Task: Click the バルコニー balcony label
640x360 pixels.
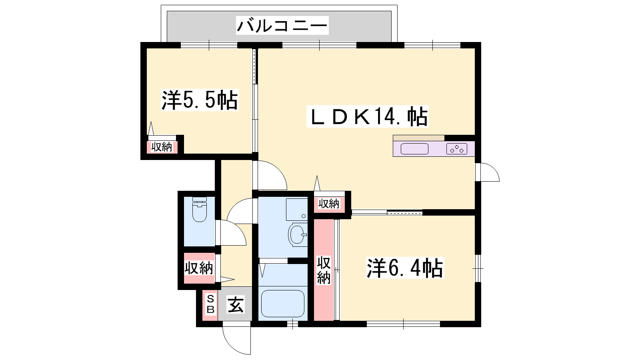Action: click(282, 26)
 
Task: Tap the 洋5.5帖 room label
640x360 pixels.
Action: click(200, 100)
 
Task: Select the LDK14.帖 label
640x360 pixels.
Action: click(368, 116)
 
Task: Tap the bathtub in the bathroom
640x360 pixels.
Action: click(282, 304)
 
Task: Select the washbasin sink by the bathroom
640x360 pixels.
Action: click(298, 235)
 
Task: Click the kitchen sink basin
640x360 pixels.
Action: click(414, 149)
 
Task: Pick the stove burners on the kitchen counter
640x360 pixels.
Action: click(456, 149)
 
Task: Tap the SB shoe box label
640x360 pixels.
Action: click(210, 304)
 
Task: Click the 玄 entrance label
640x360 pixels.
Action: click(236, 304)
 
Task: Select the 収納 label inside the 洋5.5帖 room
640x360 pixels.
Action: click(162, 147)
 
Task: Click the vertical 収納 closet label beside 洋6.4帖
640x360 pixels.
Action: click(324, 270)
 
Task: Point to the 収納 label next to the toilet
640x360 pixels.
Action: click(198, 268)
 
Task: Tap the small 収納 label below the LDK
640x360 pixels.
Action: click(329, 204)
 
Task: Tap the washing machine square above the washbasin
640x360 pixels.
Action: click(297, 210)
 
